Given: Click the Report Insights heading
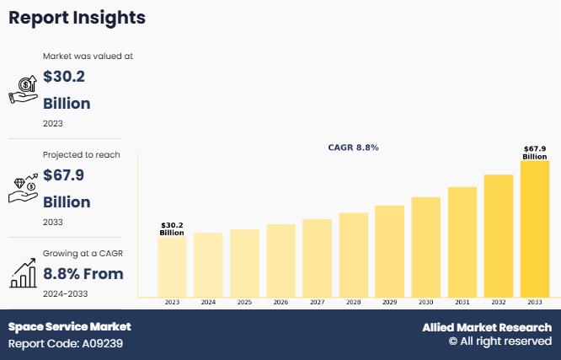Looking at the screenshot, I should (77, 18).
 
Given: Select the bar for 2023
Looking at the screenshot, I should (172, 266).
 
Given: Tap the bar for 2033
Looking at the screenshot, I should (534, 228).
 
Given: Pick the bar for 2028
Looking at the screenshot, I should (353, 255).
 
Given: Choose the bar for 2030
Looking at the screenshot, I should (425, 247).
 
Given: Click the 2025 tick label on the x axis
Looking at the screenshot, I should (244, 302).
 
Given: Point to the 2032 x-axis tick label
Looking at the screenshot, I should (498, 302).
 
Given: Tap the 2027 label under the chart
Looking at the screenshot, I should (317, 302).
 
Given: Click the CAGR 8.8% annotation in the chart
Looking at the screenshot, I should (353, 148).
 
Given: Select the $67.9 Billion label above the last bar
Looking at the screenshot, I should (534, 153).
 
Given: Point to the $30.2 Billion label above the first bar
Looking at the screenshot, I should (172, 228).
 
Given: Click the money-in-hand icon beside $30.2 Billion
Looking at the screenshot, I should (23, 89).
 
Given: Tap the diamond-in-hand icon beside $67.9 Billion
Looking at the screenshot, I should (23, 188).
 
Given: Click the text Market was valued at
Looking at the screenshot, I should (88, 56).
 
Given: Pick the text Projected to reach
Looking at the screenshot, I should (82, 155).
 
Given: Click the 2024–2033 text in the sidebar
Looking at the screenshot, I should (65, 293).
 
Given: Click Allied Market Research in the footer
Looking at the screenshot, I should (487, 327).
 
